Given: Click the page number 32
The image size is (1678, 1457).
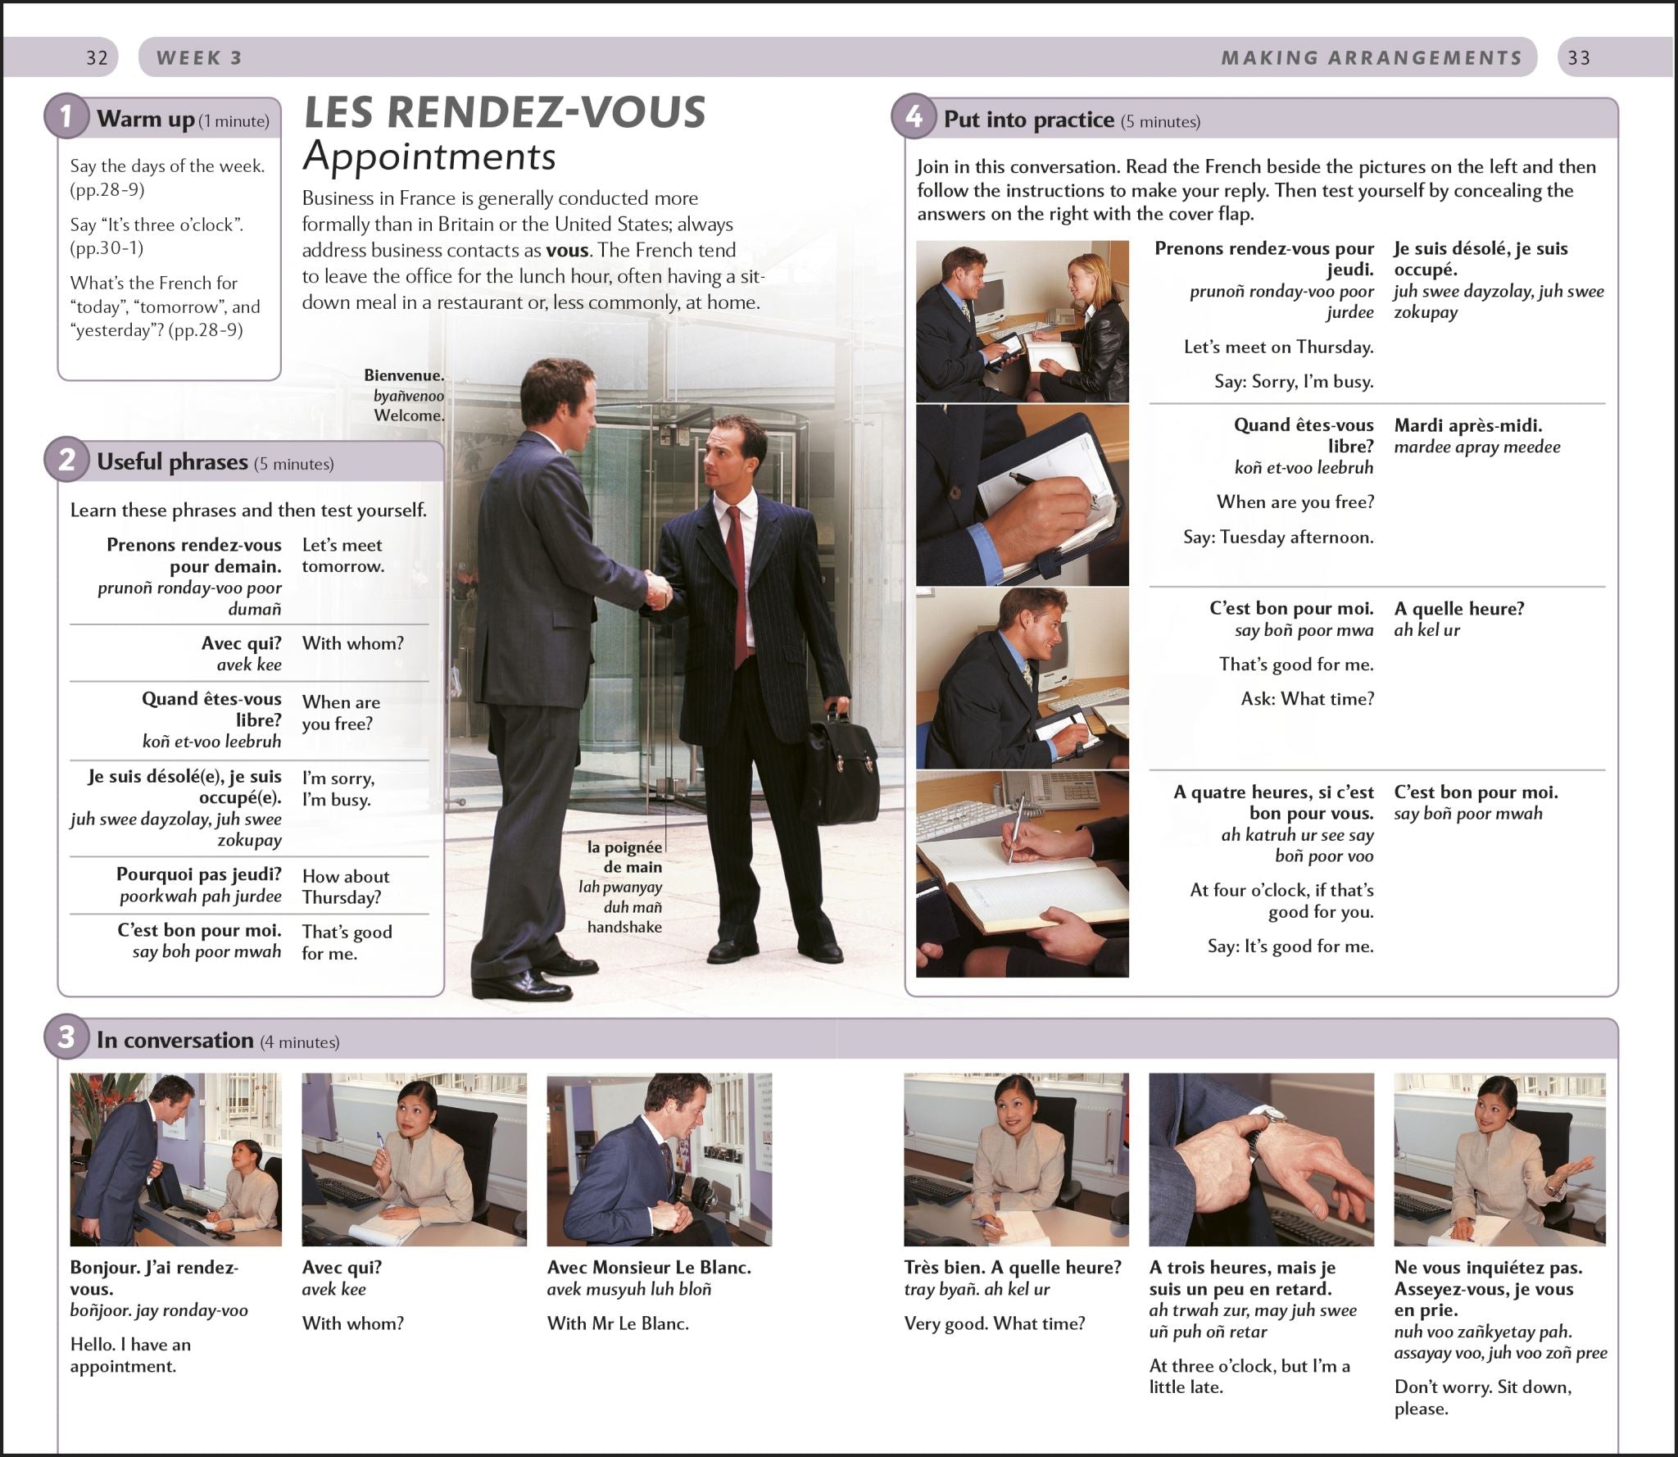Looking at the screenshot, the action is [x=97, y=58].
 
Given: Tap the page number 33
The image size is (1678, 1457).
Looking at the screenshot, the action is [x=1579, y=58].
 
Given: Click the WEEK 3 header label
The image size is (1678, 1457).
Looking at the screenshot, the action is [x=199, y=58].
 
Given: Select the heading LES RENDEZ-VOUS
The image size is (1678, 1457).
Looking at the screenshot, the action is [x=504, y=112].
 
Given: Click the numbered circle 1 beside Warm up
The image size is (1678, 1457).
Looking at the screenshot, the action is [x=66, y=117].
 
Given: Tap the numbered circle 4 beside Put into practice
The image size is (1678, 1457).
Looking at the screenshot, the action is [x=914, y=118].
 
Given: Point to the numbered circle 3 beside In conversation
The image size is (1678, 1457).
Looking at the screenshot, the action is [x=66, y=1038].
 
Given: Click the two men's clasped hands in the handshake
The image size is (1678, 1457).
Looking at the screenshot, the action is [x=656, y=588].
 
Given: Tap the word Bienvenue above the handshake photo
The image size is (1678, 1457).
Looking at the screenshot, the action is [x=404, y=375].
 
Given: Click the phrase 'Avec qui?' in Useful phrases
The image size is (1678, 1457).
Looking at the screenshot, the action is [x=241, y=643].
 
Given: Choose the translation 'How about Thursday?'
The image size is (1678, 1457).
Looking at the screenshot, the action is [x=345, y=887].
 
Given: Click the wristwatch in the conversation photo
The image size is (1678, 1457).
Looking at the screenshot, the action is [x=1266, y=1115].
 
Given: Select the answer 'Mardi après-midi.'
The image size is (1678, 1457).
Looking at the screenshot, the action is [x=1468, y=425].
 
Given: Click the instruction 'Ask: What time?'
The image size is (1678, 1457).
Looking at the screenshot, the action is [x=1308, y=699].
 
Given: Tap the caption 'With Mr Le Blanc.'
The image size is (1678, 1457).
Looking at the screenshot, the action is [x=618, y=1323].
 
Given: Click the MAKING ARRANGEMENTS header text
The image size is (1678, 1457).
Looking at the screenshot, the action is [x=1372, y=58].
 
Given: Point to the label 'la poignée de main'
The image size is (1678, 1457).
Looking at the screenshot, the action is [x=624, y=857].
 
